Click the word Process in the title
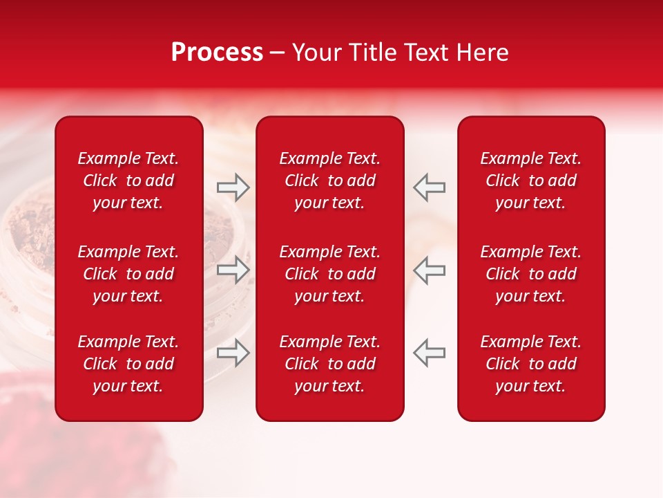click(x=217, y=53)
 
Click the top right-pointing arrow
click(x=233, y=187)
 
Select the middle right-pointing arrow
click(x=233, y=270)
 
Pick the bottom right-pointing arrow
click(x=233, y=352)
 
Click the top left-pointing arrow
click(x=429, y=187)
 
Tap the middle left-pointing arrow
click(x=429, y=270)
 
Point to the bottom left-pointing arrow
click(x=429, y=352)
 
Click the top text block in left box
click(x=128, y=181)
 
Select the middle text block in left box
click(x=128, y=274)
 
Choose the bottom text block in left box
click(x=128, y=364)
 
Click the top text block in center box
click(x=329, y=181)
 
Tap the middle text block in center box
click(x=329, y=274)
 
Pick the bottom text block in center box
click(x=329, y=364)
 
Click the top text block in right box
click(x=530, y=181)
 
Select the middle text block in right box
click(x=530, y=274)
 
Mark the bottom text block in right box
click(x=530, y=364)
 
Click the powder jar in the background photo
click(x=28, y=242)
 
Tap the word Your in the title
click(x=316, y=53)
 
